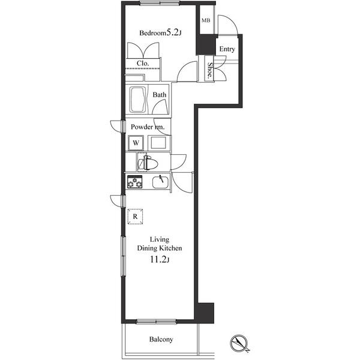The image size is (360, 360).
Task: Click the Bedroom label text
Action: (x=152, y=34)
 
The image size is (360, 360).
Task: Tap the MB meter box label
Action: (x=206, y=21)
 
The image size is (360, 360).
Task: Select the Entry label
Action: (x=227, y=49)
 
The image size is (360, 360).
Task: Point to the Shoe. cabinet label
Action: (x=211, y=71)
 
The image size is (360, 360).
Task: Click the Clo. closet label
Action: (x=143, y=63)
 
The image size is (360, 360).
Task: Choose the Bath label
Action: (x=159, y=95)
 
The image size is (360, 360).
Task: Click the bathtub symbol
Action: (x=137, y=100)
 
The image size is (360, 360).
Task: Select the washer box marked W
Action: (x=136, y=143)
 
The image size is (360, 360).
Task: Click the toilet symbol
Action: (x=147, y=163)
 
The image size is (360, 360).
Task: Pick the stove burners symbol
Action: (x=134, y=182)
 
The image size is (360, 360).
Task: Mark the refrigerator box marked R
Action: (x=136, y=216)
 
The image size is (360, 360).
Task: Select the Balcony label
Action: (x=161, y=340)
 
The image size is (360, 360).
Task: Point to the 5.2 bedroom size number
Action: (x=173, y=33)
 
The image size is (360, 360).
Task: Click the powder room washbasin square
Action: (x=158, y=143)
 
